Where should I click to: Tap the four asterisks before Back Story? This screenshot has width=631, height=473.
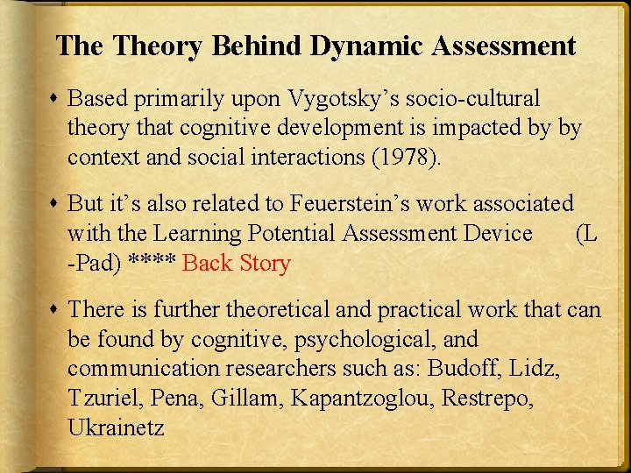click(151, 263)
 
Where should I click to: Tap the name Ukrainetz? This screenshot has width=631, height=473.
click(116, 427)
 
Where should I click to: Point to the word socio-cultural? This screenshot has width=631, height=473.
click(478, 99)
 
